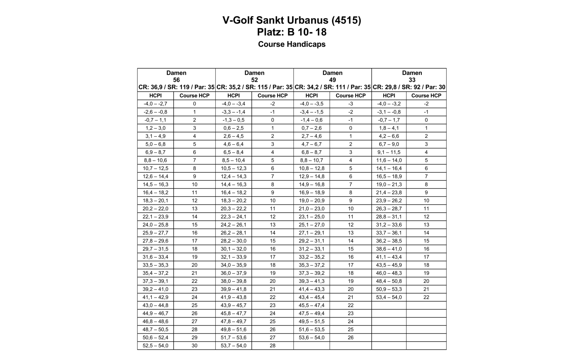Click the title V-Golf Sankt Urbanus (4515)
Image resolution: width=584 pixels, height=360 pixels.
coord(292,20)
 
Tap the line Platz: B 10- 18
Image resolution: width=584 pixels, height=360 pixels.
coord(292,32)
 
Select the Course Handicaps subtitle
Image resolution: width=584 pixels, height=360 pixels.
coord(292,44)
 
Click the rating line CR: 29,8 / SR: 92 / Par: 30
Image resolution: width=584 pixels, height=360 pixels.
coord(409,87)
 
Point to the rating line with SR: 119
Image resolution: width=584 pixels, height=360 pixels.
coord(176,87)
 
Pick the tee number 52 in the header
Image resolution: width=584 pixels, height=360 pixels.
coord(254,80)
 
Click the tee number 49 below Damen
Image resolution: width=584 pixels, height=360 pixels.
coord(332,80)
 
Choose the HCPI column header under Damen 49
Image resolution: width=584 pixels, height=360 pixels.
coord(311,96)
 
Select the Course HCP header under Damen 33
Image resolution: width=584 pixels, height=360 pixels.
coord(426,96)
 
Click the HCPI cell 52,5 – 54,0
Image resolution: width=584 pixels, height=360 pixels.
coord(155,346)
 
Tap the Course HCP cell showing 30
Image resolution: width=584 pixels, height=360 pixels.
coord(194,346)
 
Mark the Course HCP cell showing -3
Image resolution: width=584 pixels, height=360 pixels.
coord(350,104)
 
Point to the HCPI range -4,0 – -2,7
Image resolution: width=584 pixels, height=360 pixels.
coord(155,104)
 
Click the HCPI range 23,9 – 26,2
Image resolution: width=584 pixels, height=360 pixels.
coord(389,201)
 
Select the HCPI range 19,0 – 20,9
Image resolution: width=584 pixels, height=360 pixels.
coord(311,201)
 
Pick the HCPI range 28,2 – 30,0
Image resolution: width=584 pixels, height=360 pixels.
coord(233,241)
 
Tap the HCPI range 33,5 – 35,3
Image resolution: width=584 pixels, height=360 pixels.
coord(155,265)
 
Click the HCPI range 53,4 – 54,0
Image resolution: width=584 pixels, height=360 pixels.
coord(389,297)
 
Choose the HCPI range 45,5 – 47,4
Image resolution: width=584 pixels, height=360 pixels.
coord(311,305)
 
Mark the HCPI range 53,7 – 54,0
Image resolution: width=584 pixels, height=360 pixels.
coord(233,346)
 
